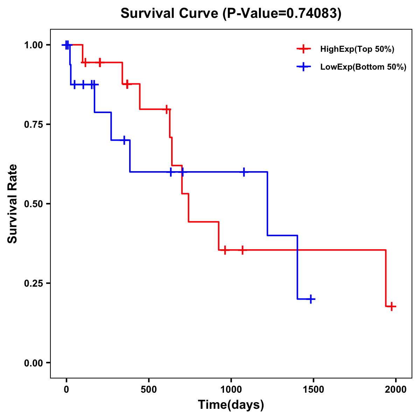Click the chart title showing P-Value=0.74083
[x=231, y=13]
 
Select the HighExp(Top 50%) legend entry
[x=357, y=49]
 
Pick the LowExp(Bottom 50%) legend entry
[x=363, y=67]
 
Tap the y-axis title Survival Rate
[x=13, y=203]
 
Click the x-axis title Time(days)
[x=231, y=405]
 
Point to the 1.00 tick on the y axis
[x=33, y=45]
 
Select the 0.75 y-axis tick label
[x=33, y=125]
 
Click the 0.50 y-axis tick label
[x=33, y=204]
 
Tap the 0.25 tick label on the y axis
[x=33, y=283]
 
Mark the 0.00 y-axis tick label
[x=33, y=363]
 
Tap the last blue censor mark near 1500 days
[x=310, y=299]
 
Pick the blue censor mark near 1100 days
[x=244, y=172]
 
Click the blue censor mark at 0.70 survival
[x=124, y=140]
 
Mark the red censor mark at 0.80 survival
[x=167, y=109]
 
